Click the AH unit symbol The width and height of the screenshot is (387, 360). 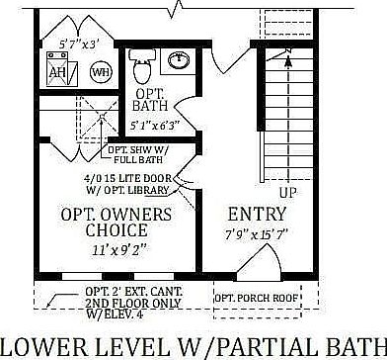[58, 73]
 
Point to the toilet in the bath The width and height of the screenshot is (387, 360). [140, 66]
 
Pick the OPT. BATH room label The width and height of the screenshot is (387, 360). [150, 99]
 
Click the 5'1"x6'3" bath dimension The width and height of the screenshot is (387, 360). [157, 126]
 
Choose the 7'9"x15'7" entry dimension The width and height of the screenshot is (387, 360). [256, 234]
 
